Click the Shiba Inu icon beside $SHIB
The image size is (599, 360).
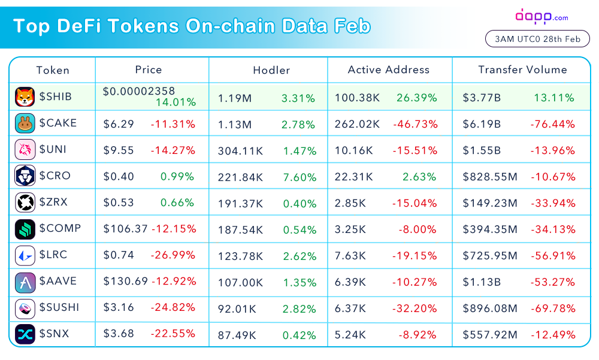(x=25, y=96)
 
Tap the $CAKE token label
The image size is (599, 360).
(x=58, y=123)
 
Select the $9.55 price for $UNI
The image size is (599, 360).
(x=119, y=150)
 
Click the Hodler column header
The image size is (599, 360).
(x=271, y=70)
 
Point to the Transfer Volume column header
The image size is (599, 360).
(x=522, y=69)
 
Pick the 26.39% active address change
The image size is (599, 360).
(x=417, y=98)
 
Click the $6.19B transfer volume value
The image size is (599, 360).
(x=482, y=124)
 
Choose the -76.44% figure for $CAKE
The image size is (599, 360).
(x=553, y=124)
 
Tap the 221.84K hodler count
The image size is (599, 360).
(x=240, y=177)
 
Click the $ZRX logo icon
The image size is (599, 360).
(x=25, y=202)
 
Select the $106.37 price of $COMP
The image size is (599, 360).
(x=125, y=229)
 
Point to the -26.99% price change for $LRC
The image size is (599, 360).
(x=173, y=255)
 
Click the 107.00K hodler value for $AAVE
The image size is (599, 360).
(x=240, y=283)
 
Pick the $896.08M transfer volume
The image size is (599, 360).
(x=490, y=308)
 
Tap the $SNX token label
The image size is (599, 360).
(x=55, y=334)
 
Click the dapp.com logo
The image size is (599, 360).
(x=541, y=17)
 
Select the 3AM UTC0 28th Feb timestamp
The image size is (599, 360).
(x=537, y=39)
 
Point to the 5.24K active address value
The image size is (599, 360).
(x=350, y=335)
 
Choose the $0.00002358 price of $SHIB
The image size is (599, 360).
(x=139, y=91)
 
